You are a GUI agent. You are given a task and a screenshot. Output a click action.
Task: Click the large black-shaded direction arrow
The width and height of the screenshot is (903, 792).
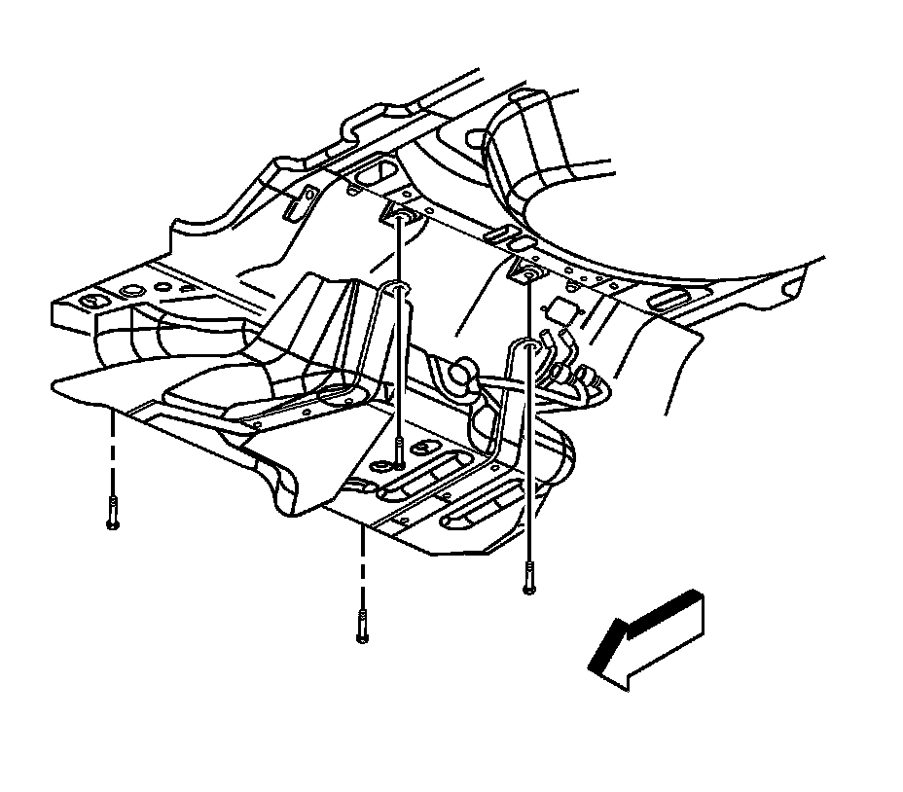[x=646, y=640]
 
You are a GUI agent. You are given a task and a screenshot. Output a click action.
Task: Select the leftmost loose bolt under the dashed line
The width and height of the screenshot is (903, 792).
[x=113, y=512]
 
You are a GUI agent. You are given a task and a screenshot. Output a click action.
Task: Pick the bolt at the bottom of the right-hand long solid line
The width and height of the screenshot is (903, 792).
[x=528, y=578]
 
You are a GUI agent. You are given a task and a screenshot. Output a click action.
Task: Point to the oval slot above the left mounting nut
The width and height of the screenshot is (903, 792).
[x=371, y=175]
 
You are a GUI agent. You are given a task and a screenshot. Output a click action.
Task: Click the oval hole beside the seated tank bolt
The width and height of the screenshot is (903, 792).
[x=425, y=448]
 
